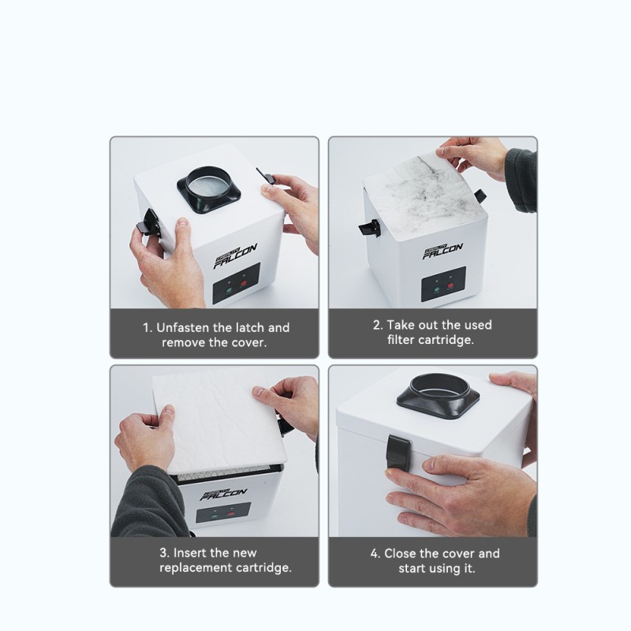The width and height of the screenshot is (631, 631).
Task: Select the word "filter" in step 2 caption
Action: coord(405,340)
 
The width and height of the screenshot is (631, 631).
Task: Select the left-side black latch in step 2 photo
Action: coord(368,228)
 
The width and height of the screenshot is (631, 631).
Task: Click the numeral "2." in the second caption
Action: coord(377,325)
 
